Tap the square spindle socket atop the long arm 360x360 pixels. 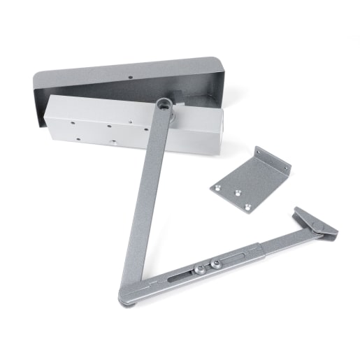(x=165, y=105)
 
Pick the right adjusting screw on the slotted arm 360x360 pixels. (x=216, y=263)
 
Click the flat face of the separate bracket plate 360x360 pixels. (x=241, y=185)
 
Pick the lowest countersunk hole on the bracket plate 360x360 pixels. (x=247, y=206)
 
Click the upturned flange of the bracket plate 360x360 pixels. (x=273, y=161)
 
